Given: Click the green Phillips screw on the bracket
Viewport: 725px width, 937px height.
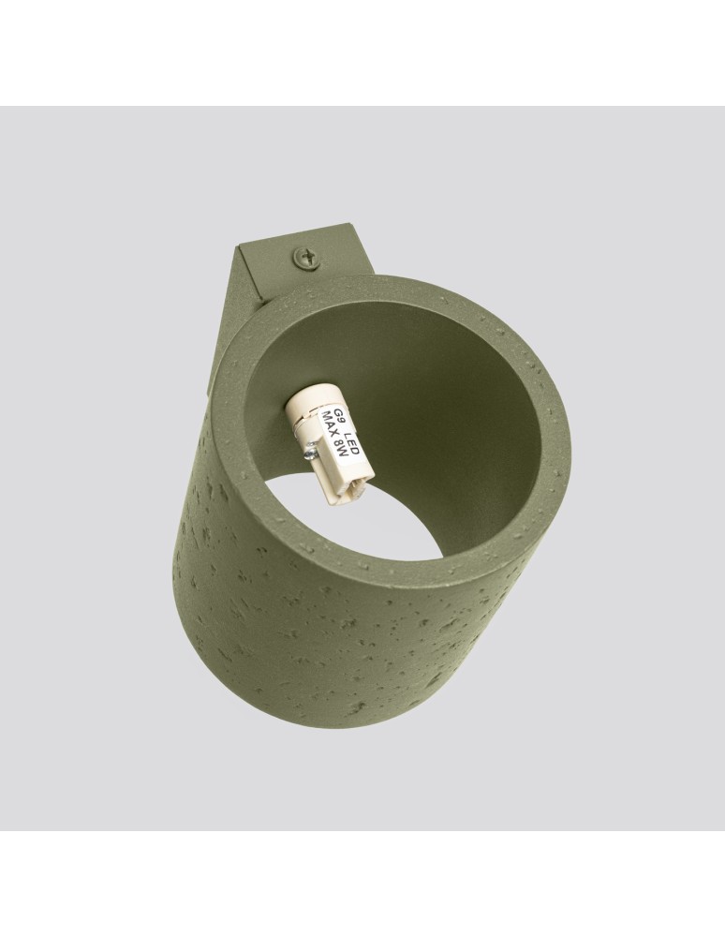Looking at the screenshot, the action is pos(306,259).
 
